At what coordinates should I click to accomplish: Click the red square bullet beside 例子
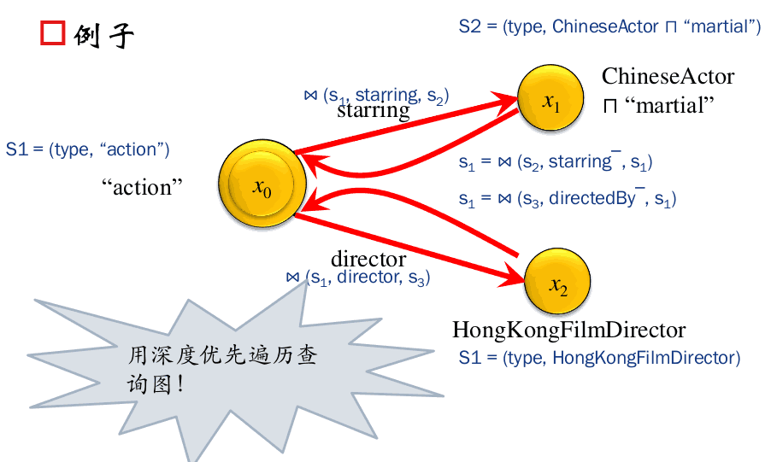click(x=53, y=33)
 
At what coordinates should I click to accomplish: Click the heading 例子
click(x=103, y=35)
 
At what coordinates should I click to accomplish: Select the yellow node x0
click(x=261, y=186)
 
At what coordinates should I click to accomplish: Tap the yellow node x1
click(x=550, y=101)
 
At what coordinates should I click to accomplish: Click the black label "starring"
click(x=373, y=111)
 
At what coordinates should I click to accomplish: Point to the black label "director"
click(x=368, y=259)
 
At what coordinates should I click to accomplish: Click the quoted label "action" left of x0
click(x=148, y=187)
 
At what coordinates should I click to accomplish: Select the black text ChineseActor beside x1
click(x=668, y=76)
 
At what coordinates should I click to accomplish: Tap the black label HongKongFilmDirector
click(x=568, y=330)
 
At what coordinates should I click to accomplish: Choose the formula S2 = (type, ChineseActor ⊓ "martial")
click(x=609, y=26)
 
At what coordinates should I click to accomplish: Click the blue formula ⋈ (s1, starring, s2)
click(x=376, y=95)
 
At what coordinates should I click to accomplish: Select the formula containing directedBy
click(x=567, y=199)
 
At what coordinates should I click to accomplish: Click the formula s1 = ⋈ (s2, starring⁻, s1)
click(x=556, y=161)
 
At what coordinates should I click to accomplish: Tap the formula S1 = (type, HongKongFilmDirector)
click(x=599, y=357)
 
